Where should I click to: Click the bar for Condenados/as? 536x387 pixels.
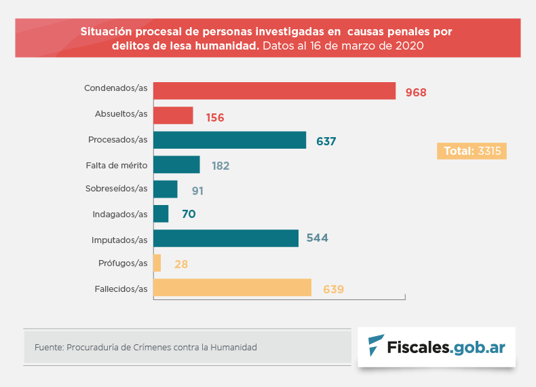tap(274, 91)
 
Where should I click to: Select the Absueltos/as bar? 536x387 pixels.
tap(173, 115)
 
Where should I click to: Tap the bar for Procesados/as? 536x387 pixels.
tap(229, 140)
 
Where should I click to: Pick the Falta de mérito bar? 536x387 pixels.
tap(176, 165)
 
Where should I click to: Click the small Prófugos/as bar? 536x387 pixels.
tap(157, 263)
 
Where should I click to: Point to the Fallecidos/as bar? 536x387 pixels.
tap(232, 288)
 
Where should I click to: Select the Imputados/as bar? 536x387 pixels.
tap(226, 238)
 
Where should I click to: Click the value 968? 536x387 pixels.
tap(416, 92)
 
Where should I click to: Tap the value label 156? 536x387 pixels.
tap(214, 117)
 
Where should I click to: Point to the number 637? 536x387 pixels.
tap(326, 141)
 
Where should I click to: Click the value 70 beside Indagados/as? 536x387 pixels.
tap(189, 214)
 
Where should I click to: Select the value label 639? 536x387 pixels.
tap(334, 289)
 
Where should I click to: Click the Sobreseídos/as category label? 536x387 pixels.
tap(116, 189)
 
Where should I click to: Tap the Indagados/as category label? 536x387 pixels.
tap(119, 214)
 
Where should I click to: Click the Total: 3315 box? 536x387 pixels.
tap(472, 151)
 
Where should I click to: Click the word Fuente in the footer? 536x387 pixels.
tap(47, 348)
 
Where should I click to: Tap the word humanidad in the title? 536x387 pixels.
tap(220, 46)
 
